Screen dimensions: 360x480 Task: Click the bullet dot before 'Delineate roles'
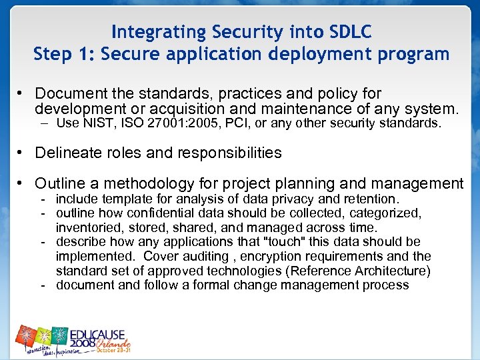pyautogui.click(x=22, y=153)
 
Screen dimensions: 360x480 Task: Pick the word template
pyautogui.click(x=125, y=199)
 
